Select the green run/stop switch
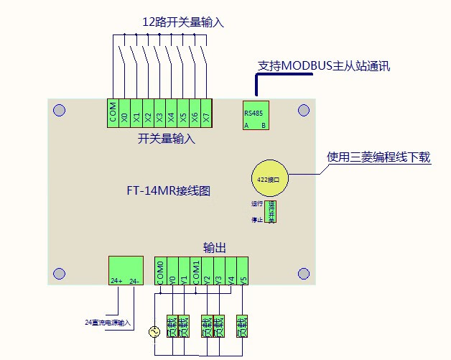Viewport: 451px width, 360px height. tap(271, 212)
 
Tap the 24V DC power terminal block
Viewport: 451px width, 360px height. tap(125, 272)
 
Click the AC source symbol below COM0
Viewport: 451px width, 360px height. tap(153, 332)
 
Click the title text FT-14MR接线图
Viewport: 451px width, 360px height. tap(166, 192)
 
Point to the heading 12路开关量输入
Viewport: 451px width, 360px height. tap(183, 22)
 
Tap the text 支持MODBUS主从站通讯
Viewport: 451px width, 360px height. tap(324, 66)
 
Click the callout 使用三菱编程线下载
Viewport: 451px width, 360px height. tap(378, 157)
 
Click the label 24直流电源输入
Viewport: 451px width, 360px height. tap(108, 322)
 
